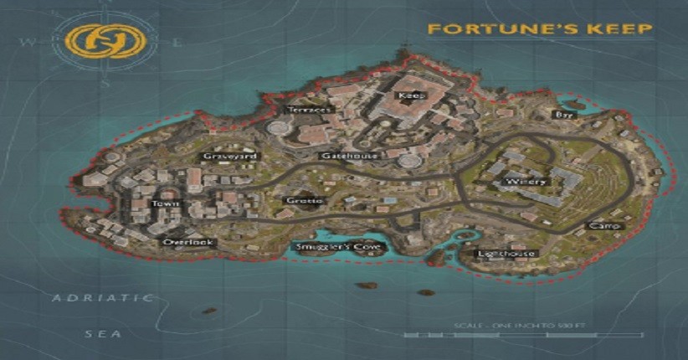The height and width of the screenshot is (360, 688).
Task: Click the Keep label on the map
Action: (x=412, y=96)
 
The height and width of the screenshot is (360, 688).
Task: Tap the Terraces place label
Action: (x=310, y=110)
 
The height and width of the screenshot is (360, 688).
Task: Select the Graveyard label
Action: (x=230, y=157)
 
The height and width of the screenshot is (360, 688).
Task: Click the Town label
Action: (x=160, y=203)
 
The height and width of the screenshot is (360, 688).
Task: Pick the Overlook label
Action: (x=188, y=243)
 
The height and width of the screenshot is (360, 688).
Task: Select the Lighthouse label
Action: (x=505, y=254)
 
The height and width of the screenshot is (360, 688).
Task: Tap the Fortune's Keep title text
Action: (x=540, y=29)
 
